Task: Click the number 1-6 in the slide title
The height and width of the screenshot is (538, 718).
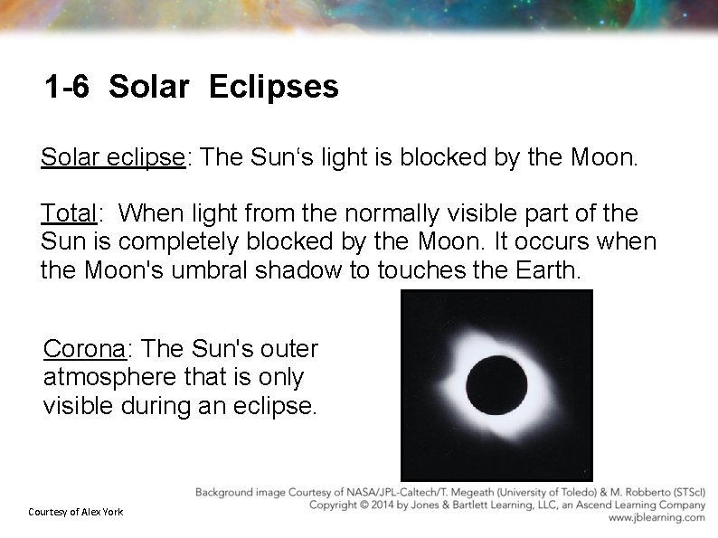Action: pos(67,88)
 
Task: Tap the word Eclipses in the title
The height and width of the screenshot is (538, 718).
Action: pos(273,88)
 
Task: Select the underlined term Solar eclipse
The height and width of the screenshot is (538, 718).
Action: pos(112,158)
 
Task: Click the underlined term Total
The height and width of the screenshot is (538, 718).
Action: pos(68,214)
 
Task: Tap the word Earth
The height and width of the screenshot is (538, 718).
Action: pos(537,270)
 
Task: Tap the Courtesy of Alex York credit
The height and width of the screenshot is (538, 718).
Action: pos(75,513)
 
